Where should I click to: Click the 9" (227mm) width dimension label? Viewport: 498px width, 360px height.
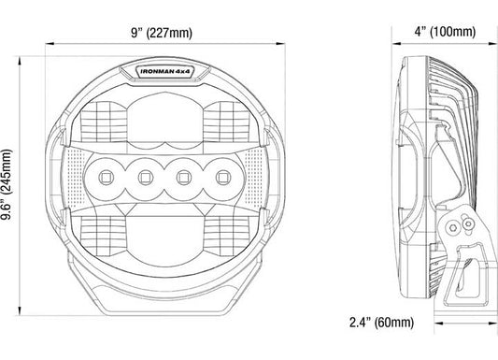[x=162, y=33]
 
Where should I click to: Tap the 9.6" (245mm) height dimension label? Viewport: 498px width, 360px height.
[x=7, y=184]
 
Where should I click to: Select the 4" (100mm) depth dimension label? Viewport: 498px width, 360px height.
[x=445, y=32]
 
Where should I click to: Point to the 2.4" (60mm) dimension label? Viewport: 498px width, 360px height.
[x=382, y=323]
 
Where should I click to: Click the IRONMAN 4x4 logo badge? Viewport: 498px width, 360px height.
[x=165, y=72]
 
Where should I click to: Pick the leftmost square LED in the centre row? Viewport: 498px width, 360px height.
[x=107, y=177]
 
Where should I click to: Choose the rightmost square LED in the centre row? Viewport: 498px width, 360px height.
[x=223, y=177]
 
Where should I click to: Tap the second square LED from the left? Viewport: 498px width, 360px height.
[x=146, y=177]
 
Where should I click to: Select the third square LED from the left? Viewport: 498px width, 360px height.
[x=184, y=177]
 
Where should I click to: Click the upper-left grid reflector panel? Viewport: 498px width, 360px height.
[x=104, y=122]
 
